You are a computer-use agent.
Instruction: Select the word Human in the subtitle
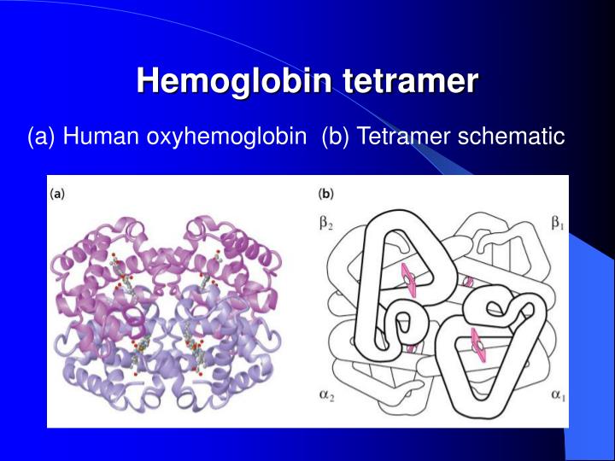tap(98, 136)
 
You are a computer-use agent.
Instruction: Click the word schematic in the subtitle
tap(512, 136)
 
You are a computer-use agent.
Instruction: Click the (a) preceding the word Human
tap(42, 136)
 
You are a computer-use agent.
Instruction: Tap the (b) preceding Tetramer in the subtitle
tap(336, 136)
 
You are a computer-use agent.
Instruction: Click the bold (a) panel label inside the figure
tap(57, 194)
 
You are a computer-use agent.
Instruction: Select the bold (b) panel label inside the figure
tap(326, 194)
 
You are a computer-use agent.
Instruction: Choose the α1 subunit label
tap(557, 397)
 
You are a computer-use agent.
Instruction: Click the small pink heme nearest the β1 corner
tap(468, 282)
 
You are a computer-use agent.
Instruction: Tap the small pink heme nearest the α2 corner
tap(411, 347)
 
